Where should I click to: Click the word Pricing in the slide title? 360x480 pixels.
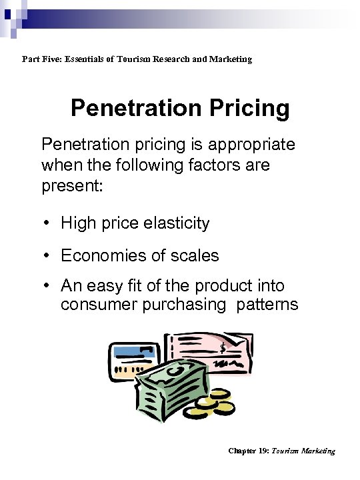pos(249,108)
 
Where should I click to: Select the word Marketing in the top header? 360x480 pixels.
pos(230,59)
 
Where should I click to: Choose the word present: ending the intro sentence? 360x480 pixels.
pos(72,185)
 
